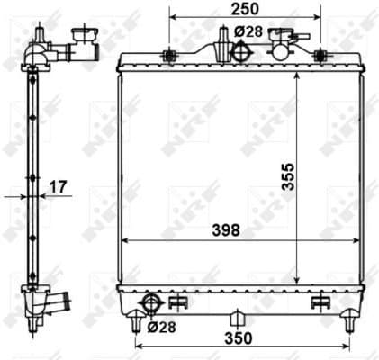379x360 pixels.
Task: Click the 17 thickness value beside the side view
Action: [57, 188]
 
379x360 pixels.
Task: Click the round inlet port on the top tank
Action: [239, 52]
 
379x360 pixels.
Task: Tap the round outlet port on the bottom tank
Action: [152, 301]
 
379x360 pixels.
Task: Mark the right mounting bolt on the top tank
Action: [319, 56]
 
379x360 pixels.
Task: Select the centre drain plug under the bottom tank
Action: [237, 319]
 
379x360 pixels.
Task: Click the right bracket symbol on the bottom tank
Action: [321, 301]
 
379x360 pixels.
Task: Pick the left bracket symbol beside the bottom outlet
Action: [177, 301]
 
